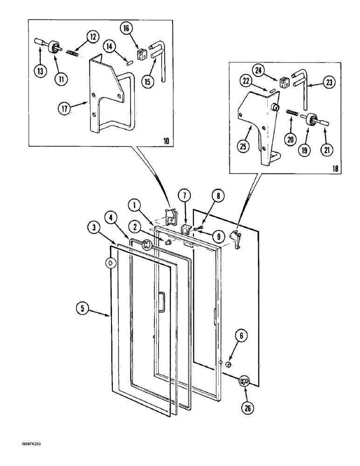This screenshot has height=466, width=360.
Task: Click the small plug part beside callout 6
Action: [x=228, y=363]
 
